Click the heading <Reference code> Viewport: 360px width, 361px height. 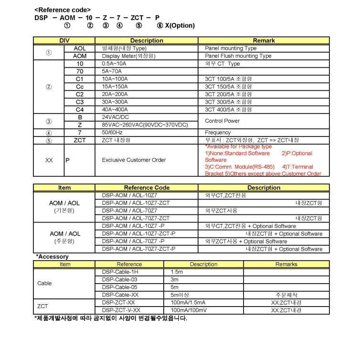tap(63, 10)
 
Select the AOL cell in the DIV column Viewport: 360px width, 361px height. tap(80, 48)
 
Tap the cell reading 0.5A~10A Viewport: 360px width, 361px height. tap(114, 64)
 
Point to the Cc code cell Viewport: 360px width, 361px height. tap(80, 86)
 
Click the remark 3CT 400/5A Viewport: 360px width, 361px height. tap(228, 109)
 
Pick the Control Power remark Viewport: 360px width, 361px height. tap(224, 121)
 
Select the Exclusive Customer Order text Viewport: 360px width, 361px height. tap(134, 160)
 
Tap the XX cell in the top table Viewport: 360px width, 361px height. tap(49, 160)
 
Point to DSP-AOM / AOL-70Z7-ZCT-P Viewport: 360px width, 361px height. tap(138, 249)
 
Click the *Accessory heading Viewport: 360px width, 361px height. tap(53, 256)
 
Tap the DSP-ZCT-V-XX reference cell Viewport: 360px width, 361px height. tap(118, 310)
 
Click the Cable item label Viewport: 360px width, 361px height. tap(44, 283)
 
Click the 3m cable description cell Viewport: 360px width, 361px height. tap(174, 279)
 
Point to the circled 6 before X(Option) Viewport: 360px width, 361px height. tap(160, 25)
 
